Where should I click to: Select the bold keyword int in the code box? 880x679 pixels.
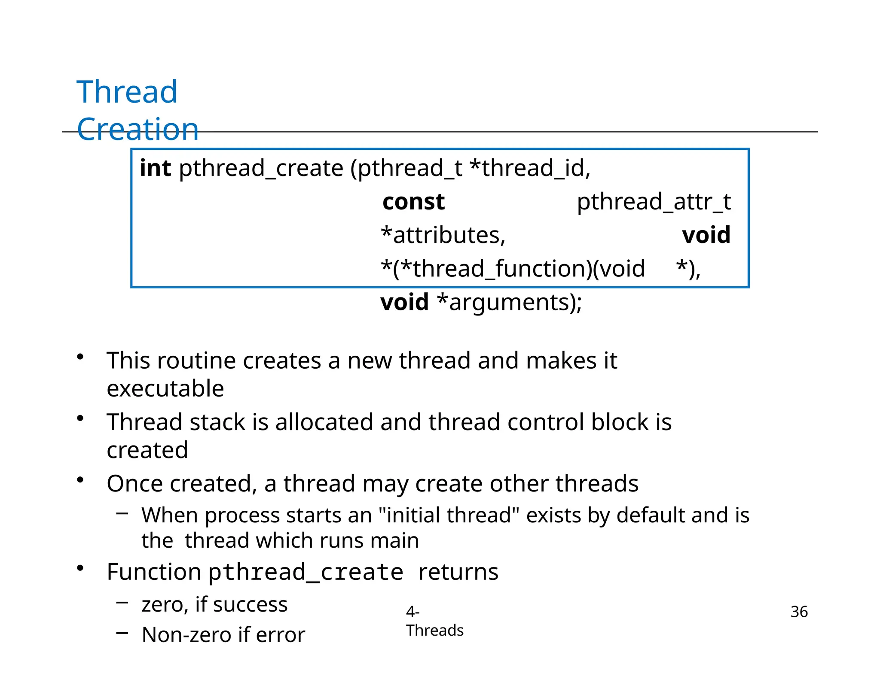pos(155,168)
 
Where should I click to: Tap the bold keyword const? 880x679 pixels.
pos(413,202)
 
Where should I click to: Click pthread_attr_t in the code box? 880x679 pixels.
pos(653,202)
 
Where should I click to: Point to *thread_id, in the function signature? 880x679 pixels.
pos(530,168)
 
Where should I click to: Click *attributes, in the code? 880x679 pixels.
pos(443,235)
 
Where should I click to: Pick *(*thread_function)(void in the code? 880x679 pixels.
pos(513,269)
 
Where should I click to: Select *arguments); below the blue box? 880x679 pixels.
pos(509,302)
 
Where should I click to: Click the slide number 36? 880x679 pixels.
pos(799,612)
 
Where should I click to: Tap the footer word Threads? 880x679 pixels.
pos(434,630)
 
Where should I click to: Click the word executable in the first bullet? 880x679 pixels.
pos(165,388)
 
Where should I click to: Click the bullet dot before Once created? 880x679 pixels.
pos(80,480)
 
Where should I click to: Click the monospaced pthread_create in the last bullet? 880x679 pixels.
pos(306,572)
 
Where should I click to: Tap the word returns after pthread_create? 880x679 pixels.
pos(458,572)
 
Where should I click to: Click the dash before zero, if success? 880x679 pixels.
pos(122,602)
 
